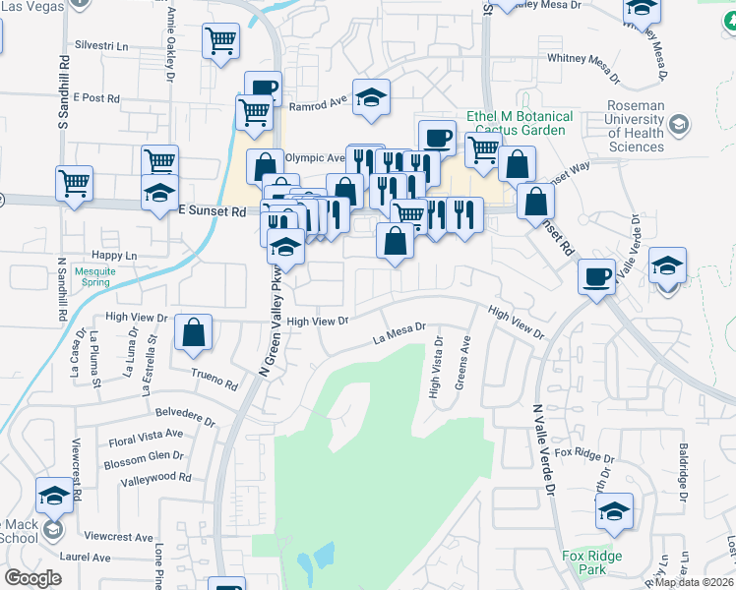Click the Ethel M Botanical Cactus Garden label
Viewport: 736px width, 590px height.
521,123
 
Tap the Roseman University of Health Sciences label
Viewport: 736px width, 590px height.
636,125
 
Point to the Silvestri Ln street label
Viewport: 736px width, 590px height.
101,46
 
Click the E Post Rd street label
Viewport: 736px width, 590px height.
95,98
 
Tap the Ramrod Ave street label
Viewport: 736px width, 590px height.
319,101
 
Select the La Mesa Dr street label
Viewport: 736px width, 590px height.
399,333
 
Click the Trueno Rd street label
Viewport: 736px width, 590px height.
215,381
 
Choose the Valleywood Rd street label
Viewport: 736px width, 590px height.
154,477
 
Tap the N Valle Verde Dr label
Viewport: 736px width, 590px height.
544,447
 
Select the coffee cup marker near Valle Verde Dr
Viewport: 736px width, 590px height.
596,276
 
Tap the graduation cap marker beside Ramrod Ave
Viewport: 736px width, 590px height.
371,97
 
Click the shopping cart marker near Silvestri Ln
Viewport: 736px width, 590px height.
221,41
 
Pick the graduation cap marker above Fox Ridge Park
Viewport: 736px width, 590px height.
614,511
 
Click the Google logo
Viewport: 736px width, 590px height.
32,578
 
